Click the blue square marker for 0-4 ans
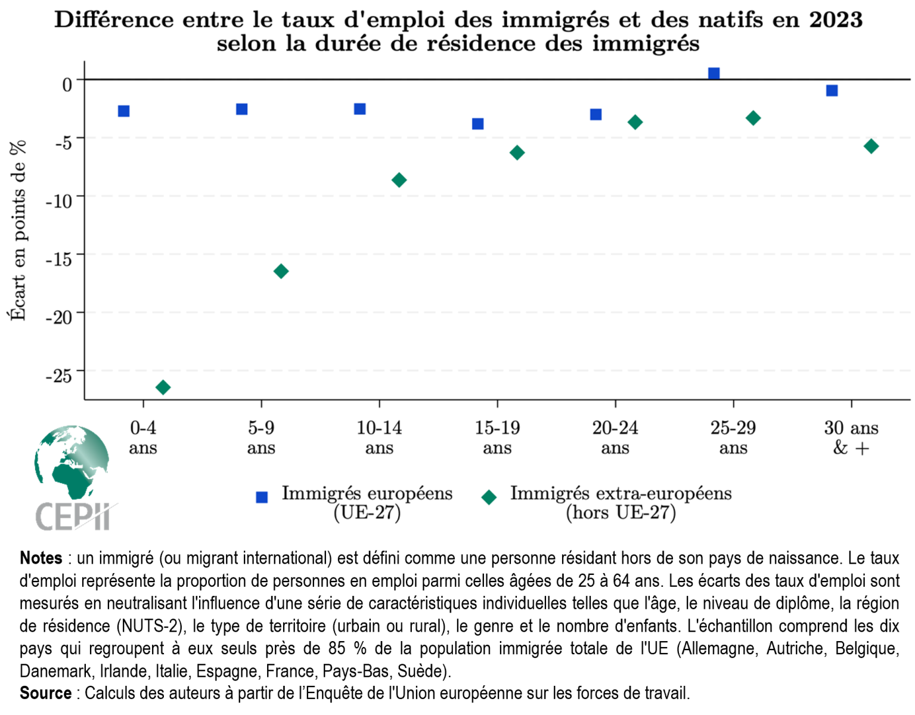click(x=124, y=111)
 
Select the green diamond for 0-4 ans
click(x=163, y=388)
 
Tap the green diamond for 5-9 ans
click(x=281, y=272)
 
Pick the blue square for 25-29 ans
click(x=714, y=74)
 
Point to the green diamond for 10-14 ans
click(x=399, y=180)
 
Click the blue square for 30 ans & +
click(x=832, y=91)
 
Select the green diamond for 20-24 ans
click(x=635, y=123)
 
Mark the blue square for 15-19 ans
click(x=477, y=124)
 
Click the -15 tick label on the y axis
click(x=59, y=259)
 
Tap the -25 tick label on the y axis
click(x=59, y=376)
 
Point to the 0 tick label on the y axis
click(x=67, y=85)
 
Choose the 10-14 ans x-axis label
click(x=379, y=437)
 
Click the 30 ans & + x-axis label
click(x=851, y=437)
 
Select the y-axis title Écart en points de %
click(x=18, y=231)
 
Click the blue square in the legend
click(x=262, y=498)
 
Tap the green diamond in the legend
click(x=489, y=498)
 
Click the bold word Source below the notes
click(x=45, y=694)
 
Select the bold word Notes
click(x=41, y=558)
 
